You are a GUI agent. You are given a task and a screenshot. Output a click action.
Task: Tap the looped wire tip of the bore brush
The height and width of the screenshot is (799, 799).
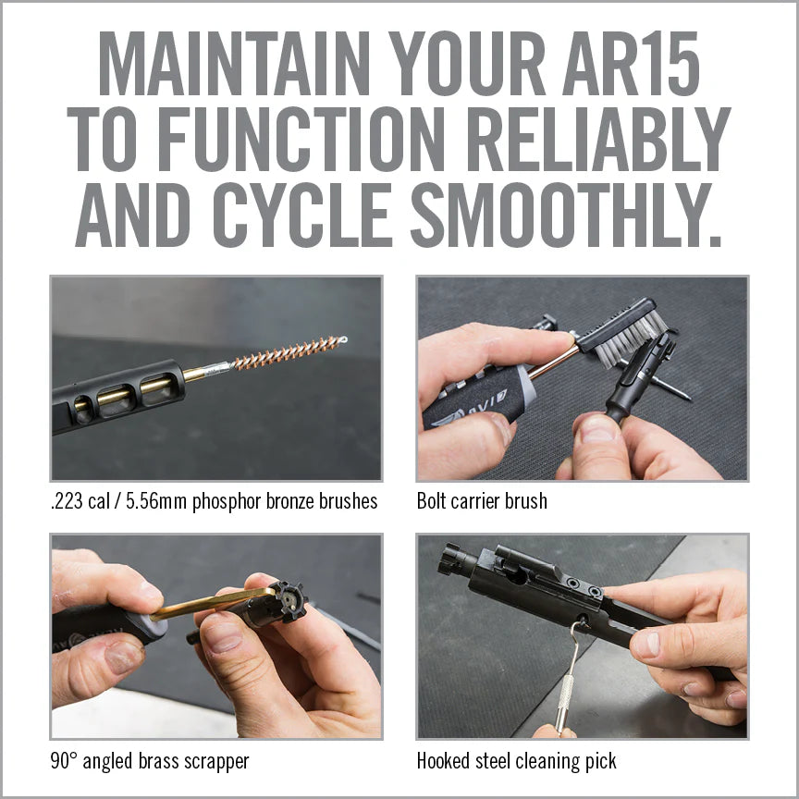click(x=341, y=340)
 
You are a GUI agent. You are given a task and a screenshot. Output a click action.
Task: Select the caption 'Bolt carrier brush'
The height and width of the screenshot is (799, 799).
click(x=482, y=501)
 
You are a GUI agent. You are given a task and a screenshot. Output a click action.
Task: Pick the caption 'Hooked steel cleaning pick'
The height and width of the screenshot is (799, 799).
click(x=516, y=761)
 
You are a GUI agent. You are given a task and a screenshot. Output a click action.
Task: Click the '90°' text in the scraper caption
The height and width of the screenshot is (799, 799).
click(x=65, y=761)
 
